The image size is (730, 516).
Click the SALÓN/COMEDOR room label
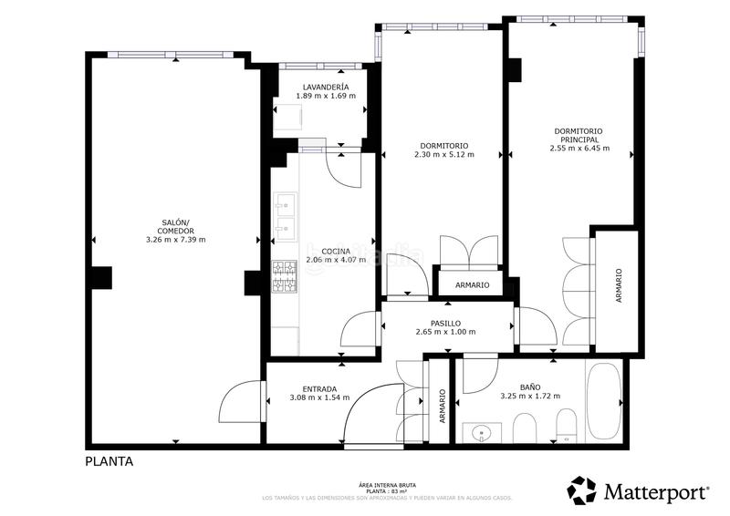175,227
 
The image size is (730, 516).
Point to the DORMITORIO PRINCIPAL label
579,135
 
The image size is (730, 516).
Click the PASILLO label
444,323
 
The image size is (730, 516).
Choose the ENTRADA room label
307,388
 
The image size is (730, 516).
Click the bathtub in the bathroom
605,401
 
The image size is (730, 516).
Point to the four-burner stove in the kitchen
285,279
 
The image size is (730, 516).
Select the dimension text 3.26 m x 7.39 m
175,240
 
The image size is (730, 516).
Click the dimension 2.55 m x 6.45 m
579,148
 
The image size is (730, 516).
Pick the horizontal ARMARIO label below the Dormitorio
471,285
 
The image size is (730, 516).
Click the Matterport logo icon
581,490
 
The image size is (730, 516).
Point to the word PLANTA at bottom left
109,461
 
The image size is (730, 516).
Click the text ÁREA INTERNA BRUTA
387,485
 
